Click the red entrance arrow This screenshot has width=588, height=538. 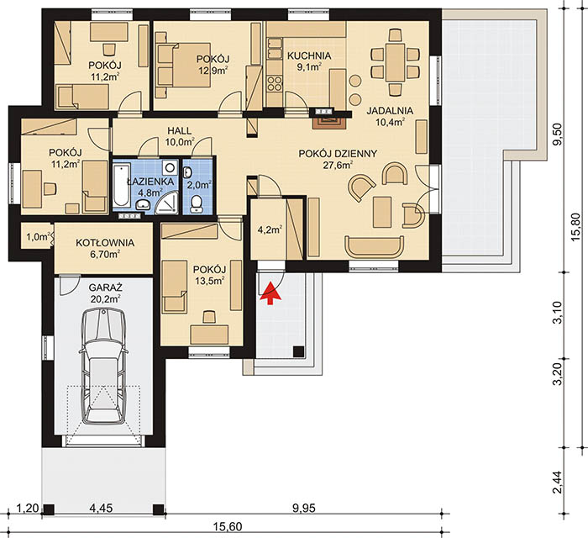271,293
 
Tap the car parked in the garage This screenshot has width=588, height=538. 103,367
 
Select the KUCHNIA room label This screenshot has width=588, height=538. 309,55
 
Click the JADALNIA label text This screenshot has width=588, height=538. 390,111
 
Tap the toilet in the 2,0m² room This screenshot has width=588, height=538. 197,203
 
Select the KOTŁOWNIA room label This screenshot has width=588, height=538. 105,243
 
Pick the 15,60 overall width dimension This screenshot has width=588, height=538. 228,527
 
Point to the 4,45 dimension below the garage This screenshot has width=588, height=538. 101,508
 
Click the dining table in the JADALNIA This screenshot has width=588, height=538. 396,62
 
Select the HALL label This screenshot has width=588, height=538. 179,131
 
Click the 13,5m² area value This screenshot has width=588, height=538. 209,280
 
